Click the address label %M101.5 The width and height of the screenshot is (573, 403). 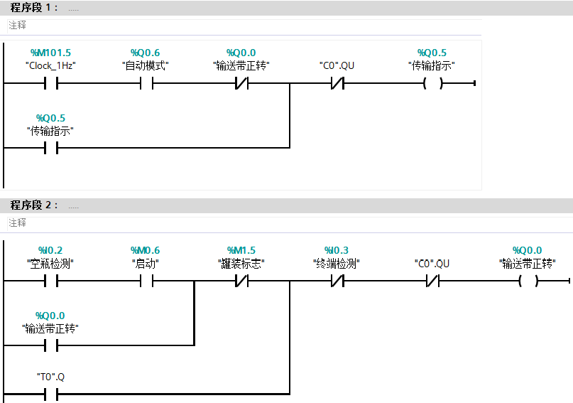click(50, 53)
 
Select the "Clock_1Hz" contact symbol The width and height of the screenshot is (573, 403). click(50, 84)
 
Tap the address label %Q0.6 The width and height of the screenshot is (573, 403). click(146, 53)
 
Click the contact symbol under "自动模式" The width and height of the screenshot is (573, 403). click(146, 84)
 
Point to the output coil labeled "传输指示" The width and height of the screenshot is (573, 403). click(432, 84)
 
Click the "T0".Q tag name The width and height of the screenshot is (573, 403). click(50, 376)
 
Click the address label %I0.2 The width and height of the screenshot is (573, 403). click(50, 251)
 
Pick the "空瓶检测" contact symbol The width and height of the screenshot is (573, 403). click(50, 281)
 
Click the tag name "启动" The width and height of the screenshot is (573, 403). click(146, 263)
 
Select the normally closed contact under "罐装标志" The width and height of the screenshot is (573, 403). click(241, 281)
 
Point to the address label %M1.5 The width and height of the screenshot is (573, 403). click(241, 251)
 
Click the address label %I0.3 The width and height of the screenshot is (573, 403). click(337, 251)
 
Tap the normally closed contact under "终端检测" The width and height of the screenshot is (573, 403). click(337, 281)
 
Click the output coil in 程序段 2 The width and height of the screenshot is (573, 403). click(528, 281)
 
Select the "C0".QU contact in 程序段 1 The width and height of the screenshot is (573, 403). click(337, 84)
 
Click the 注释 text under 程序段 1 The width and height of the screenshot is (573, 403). click(17, 25)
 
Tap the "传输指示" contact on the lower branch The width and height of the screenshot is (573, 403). click(50, 149)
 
